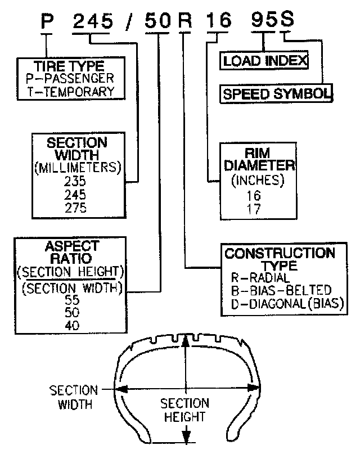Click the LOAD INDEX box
pos(264,60)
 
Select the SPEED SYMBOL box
pos(276,93)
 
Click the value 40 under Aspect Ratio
pos(72,326)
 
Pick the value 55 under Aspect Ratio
pos(72,300)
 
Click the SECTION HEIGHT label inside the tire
pos(184,410)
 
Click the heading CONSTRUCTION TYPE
pos(280,259)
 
